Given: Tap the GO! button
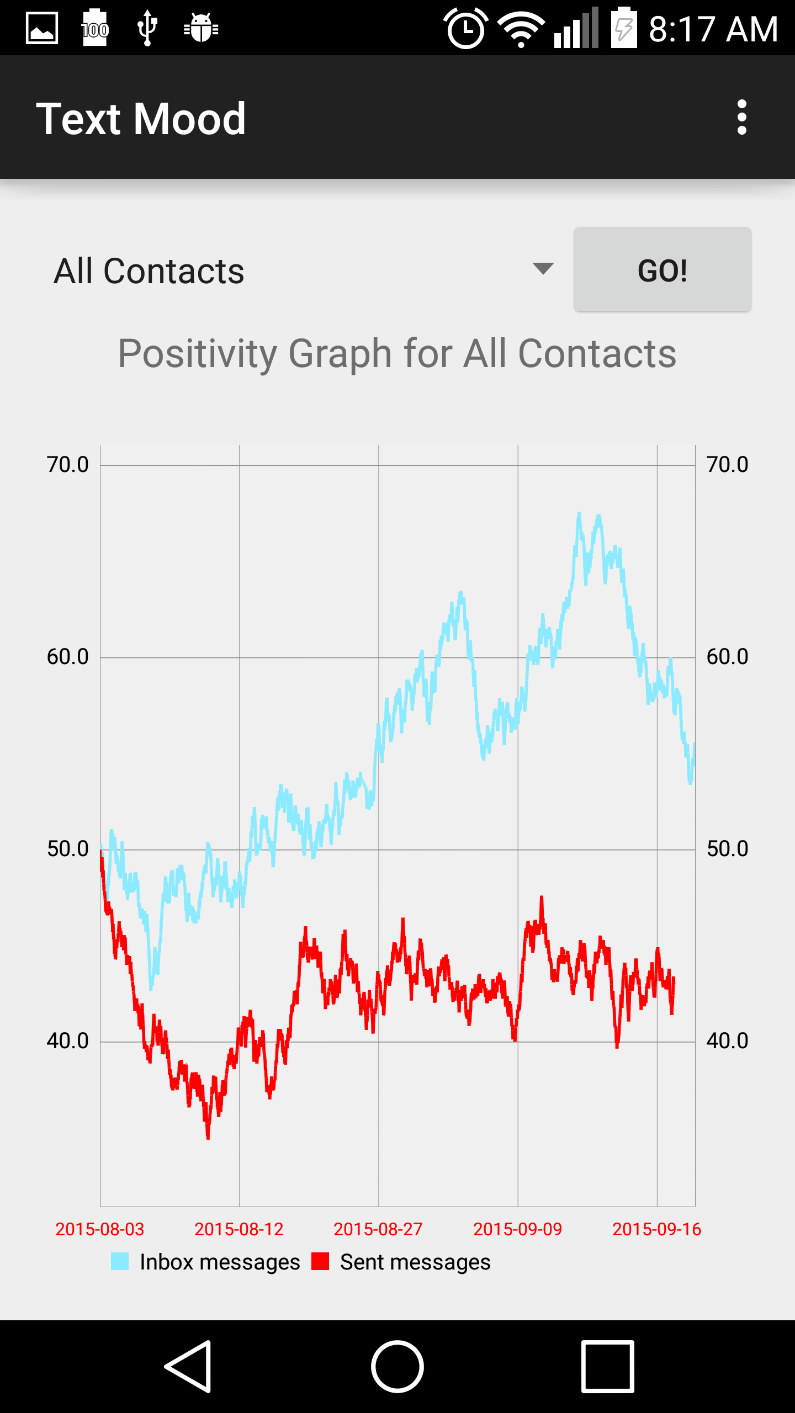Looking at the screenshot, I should [662, 270].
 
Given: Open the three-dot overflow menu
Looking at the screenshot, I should [741, 117].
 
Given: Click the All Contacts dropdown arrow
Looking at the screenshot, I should [543, 269].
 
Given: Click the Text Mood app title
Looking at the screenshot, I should [141, 119].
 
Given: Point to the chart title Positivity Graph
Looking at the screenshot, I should [397, 354].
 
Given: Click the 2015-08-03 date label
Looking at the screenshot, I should [99, 1229].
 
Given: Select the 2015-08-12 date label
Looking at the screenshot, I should [239, 1229].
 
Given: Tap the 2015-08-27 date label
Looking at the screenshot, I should [378, 1229].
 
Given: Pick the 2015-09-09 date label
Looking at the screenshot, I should [517, 1229].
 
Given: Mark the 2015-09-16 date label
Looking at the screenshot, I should [656, 1229].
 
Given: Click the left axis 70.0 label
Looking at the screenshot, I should [67, 465].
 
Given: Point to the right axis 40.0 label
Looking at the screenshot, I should [727, 1041].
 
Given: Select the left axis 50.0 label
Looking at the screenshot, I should [67, 849].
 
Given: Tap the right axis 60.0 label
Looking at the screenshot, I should [727, 657].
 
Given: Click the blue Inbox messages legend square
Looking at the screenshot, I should [120, 1262].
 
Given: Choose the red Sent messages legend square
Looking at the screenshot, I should [320, 1262].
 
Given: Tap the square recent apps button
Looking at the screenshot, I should [607, 1366].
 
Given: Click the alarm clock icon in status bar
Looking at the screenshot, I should [466, 29].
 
